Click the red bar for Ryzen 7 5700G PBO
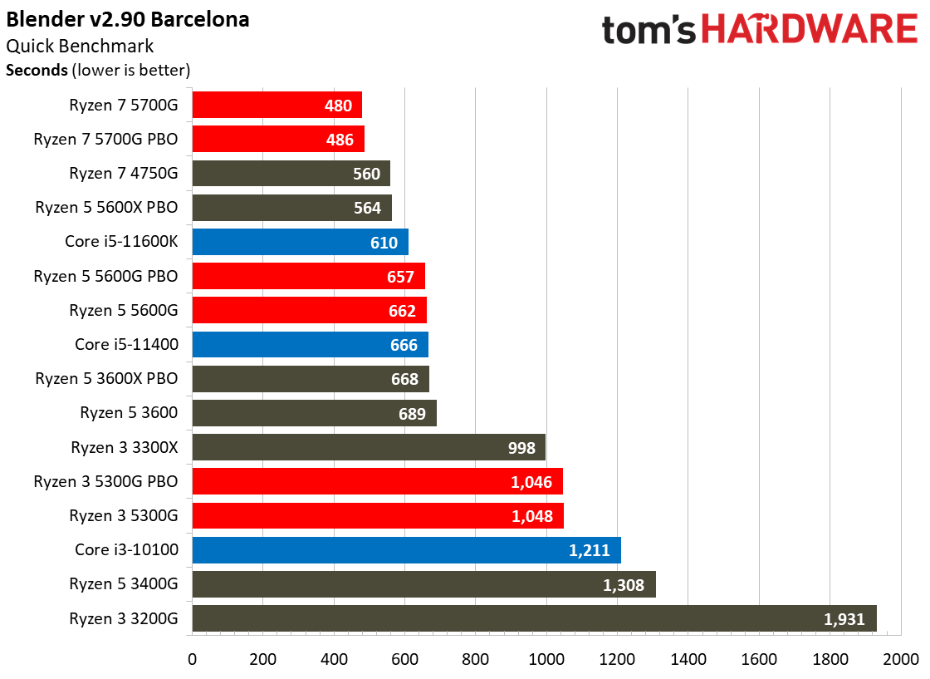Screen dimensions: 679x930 [278, 139]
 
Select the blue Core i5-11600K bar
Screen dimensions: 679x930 [300, 242]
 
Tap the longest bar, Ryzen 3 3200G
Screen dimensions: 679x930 [534, 618]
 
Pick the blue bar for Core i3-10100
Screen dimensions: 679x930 [406, 549]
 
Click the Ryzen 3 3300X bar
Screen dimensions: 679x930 [369, 447]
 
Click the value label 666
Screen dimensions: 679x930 [404, 345]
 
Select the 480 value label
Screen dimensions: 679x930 [338, 106]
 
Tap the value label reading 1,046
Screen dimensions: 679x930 [532, 482]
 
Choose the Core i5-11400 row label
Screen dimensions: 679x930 [126, 344]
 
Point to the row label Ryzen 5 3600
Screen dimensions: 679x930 [129, 412]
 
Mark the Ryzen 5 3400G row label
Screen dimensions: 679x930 [124, 583]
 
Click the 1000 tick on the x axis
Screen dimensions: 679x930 [546, 660]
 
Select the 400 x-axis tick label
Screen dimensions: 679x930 [334, 660]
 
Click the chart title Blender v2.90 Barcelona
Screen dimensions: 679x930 [128, 19]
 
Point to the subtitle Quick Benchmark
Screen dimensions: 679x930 [80, 47]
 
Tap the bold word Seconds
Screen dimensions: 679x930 [37, 71]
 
